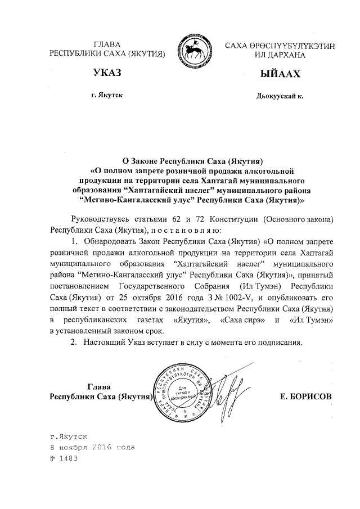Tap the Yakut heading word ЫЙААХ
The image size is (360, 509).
coord(277,74)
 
